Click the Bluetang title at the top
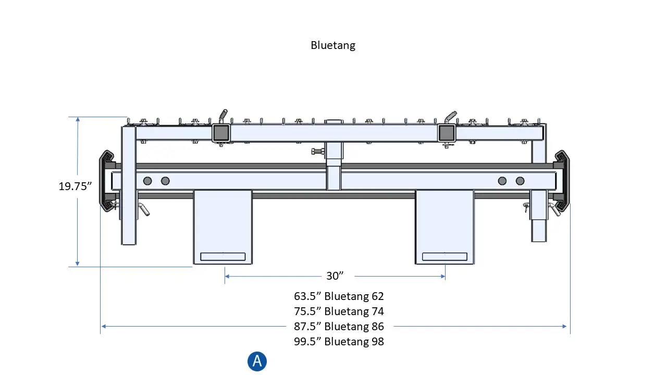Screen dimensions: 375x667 (333, 45)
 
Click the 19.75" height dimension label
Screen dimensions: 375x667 (76, 186)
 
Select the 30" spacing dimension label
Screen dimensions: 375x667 (335, 276)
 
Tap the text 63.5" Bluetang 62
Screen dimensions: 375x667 (339, 296)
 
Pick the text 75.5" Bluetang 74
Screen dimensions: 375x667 (339, 311)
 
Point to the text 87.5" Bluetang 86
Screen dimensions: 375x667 (339, 327)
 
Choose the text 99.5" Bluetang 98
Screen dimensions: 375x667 (339, 342)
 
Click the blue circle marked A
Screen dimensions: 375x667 (257, 361)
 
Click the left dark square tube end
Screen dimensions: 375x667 (221, 133)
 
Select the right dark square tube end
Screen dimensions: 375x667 (446, 133)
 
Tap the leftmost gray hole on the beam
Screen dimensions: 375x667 (147, 181)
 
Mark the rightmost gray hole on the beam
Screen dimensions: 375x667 (520, 181)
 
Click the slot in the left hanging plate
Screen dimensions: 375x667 (223, 256)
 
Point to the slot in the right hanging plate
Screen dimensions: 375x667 (444, 256)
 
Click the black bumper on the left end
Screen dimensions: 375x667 (106, 181)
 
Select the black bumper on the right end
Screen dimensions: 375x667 (563, 181)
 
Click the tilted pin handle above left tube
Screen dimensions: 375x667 (223, 114)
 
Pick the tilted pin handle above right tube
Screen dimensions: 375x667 (451, 114)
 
